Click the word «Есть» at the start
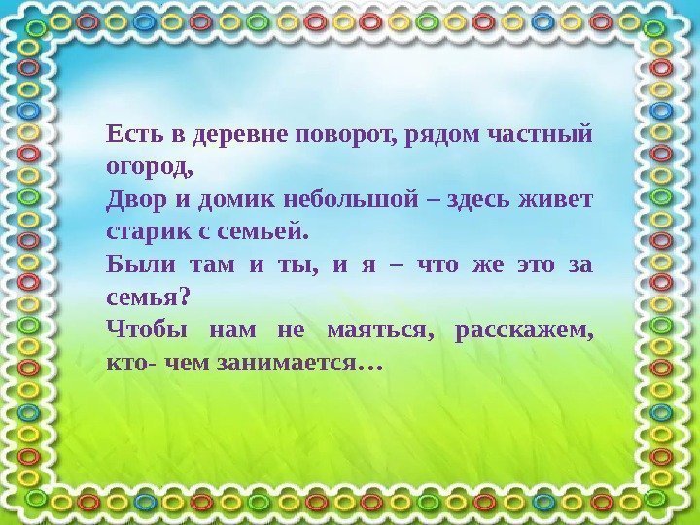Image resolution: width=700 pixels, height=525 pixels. point(129,133)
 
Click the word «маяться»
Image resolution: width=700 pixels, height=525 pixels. point(381,332)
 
